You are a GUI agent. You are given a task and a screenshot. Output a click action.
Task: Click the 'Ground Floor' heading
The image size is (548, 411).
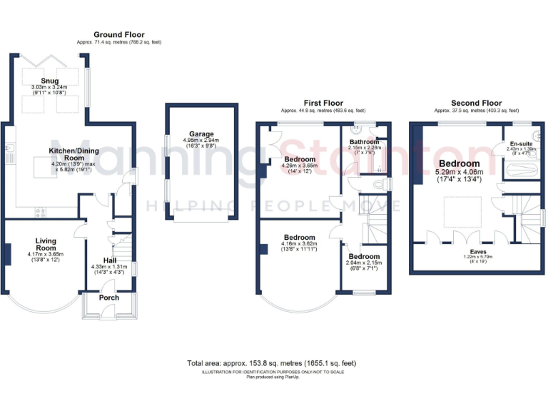119,34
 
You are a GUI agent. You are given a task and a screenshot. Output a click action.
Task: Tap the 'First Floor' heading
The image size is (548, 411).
323,103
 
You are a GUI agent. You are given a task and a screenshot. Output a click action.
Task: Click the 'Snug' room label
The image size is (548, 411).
50,81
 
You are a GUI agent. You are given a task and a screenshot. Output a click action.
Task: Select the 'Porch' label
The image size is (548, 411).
108,298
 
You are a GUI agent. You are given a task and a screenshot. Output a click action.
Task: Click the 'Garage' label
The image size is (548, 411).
201,133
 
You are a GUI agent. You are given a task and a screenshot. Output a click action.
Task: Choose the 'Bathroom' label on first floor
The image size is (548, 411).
364,142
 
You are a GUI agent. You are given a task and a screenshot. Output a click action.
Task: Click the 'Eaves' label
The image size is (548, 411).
469,251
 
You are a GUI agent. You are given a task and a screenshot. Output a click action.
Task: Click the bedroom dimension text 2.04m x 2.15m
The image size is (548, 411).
364,263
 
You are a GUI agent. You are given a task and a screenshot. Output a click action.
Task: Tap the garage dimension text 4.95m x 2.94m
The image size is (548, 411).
201,141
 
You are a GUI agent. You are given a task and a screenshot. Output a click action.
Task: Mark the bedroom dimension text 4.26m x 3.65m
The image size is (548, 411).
300,166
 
